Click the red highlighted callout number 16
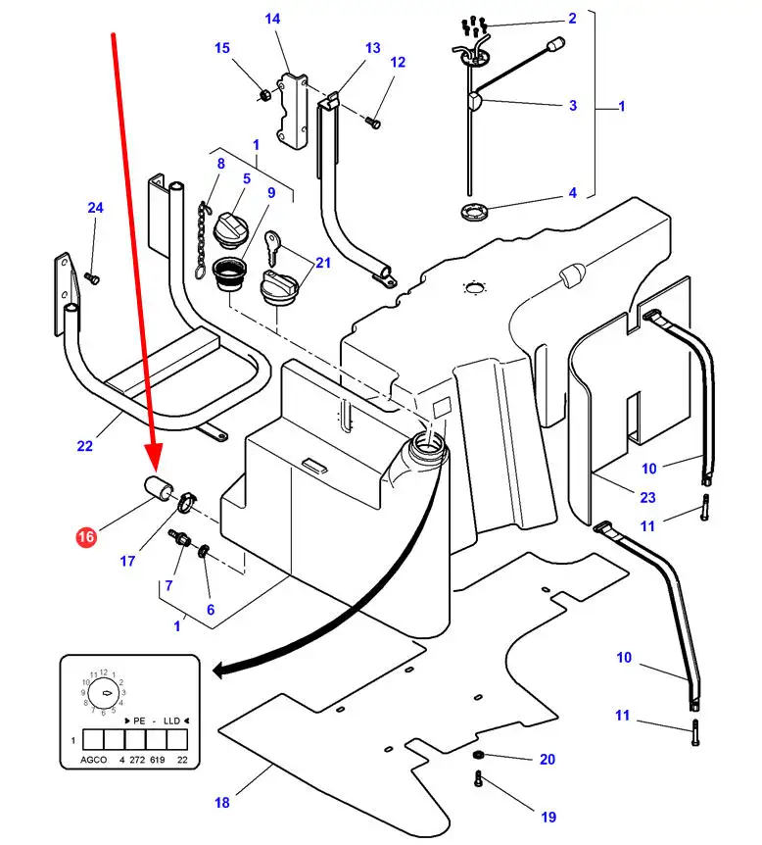[x=87, y=536]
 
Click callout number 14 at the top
[x=272, y=19]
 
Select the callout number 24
[x=95, y=208]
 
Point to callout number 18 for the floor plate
[x=222, y=803]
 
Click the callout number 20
[x=547, y=759]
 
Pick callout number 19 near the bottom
[x=547, y=817]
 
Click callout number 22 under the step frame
[x=85, y=446]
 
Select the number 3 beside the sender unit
[x=573, y=106]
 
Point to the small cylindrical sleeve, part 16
[x=159, y=487]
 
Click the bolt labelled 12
[x=371, y=122]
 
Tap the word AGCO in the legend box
[x=93, y=761]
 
